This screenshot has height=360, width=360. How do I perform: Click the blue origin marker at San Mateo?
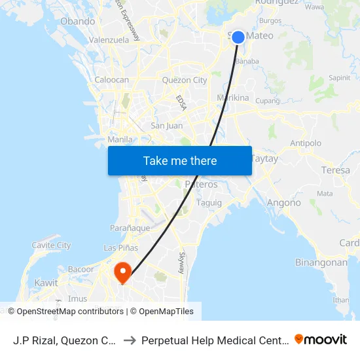pos(238,37)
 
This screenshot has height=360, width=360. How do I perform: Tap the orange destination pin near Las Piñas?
pos(122,271)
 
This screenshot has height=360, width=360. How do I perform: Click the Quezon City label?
pos(184,81)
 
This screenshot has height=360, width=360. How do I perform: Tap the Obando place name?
pos(78,21)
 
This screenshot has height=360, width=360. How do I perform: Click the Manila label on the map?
pos(120,139)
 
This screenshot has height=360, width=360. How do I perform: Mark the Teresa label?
pos(336,170)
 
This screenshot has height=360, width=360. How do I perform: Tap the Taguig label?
pos(209,203)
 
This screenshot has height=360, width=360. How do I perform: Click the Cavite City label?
pos(51,245)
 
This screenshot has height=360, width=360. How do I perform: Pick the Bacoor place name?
pos(81,269)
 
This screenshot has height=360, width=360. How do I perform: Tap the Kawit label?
pos(46,283)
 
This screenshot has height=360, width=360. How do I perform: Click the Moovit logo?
pos(321,339)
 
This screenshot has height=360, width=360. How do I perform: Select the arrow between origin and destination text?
pos(130,340)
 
